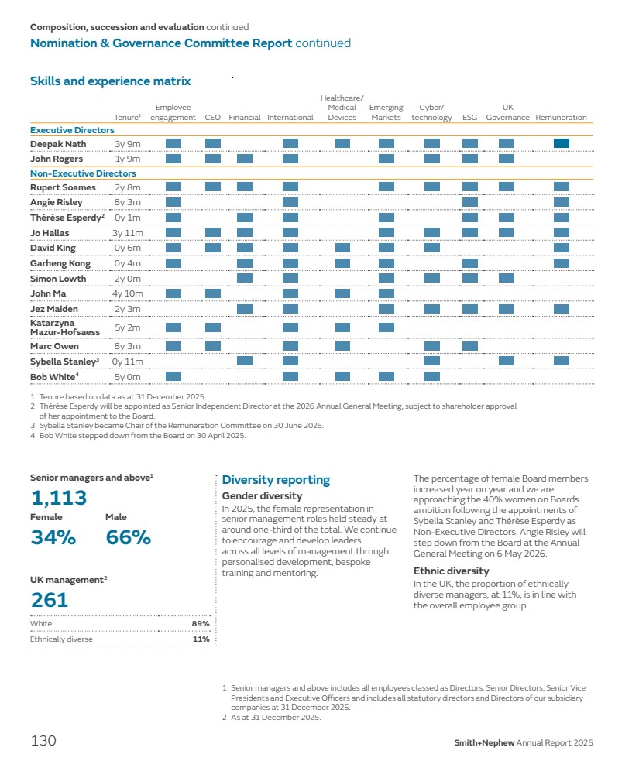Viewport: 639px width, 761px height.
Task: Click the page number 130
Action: (43, 741)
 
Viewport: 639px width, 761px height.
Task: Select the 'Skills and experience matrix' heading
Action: (110, 81)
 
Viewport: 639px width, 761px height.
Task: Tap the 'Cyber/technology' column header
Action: (431, 112)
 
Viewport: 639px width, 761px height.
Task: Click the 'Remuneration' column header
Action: (561, 118)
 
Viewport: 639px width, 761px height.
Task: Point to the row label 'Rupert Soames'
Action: (63, 187)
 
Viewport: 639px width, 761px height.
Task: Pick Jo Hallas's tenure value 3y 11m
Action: (128, 232)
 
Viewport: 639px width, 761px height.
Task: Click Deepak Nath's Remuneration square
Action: (562, 143)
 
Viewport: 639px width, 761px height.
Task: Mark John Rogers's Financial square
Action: (245, 159)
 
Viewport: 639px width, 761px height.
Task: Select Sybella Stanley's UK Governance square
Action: (507, 361)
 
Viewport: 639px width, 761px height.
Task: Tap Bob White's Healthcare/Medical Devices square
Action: (342, 376)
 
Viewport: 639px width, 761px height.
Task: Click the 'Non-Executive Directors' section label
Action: (83, 173)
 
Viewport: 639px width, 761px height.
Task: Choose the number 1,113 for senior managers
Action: (59, 497)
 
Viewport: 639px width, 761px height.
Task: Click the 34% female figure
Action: (52, 536)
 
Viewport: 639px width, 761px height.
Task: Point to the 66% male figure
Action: (128, 536)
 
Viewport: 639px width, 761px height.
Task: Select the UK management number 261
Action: (50, 599)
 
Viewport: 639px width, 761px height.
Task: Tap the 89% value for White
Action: (201, 623)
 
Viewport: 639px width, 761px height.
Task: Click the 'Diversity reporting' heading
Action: (276, 480)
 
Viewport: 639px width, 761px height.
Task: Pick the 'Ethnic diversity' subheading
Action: (451, 571)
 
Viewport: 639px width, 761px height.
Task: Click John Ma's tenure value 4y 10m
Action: (128, 293)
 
